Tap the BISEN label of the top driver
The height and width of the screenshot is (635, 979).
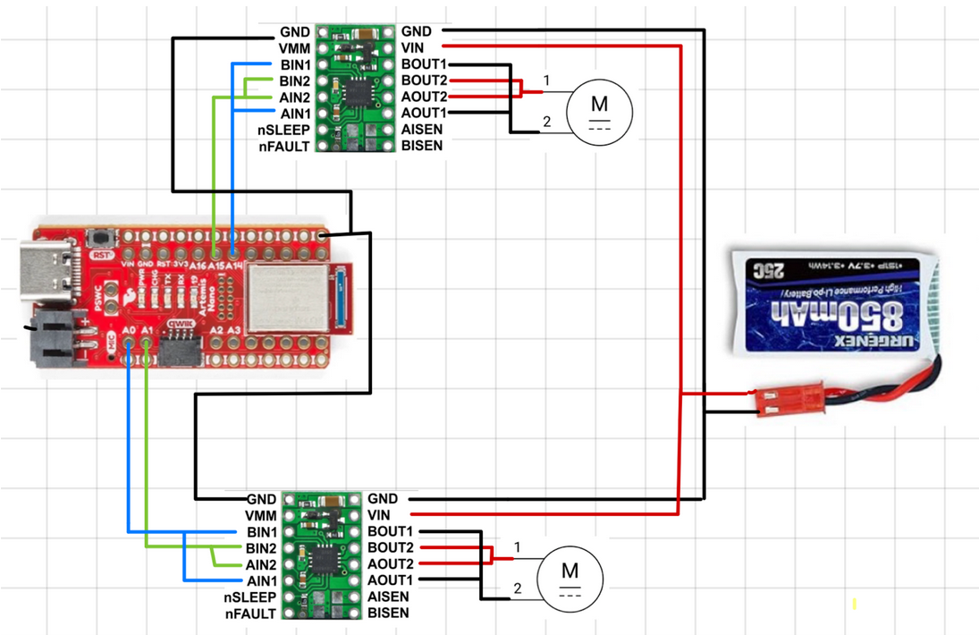click(x=421, y=145)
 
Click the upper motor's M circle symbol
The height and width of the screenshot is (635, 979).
click(x=600, y=109)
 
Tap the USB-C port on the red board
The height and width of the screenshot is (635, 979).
click(x=46, y=267)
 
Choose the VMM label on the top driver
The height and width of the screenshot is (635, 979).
click(x=294, y=48)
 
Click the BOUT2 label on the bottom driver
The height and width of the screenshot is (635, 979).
click(x=390, y=547)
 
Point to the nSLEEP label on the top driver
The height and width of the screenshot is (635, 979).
click(x=283, y=129)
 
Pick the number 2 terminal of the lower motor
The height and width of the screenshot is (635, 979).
click(x=517, y=588)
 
